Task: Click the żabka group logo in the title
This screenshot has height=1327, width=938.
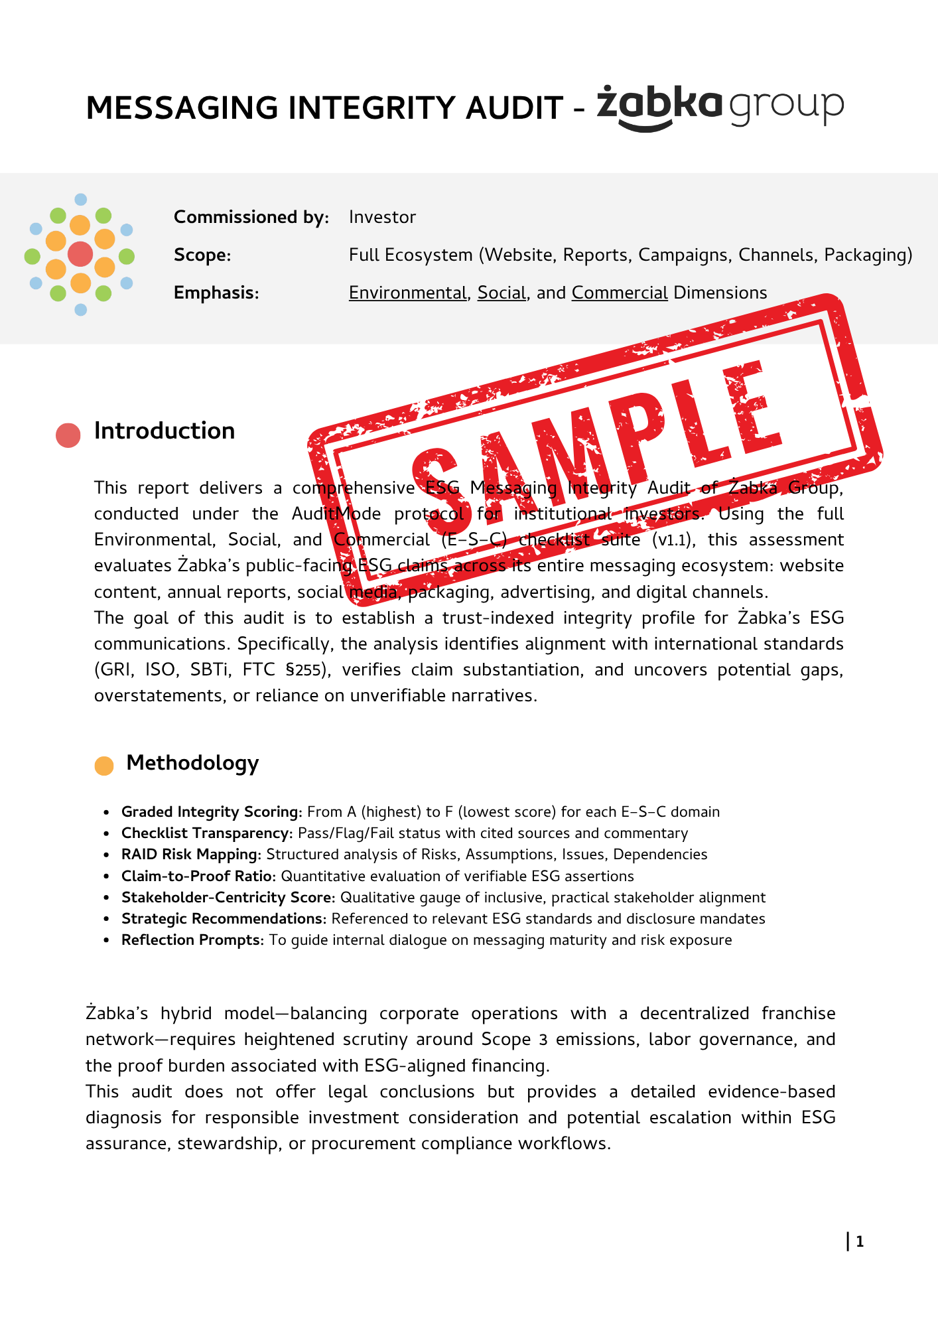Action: pyautogui.click(x=720, y=106)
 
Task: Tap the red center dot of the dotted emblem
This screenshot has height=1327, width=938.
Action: pyautogui.click(x=80, y=254)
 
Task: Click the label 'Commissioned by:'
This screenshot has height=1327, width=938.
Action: pyautogui.click(x=251, y=218)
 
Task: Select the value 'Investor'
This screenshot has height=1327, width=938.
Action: pyautogui.click(x=382, y=218)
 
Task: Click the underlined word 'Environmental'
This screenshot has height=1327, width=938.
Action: pyautogui.click(x=407, y=293)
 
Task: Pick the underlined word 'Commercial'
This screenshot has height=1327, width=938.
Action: pyautogui.click(x=619, y=293)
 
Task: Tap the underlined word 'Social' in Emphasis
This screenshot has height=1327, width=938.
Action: pyautogui.click(x=502, y=293)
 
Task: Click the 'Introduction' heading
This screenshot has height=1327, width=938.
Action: pyautogui.click(x=165, y=431)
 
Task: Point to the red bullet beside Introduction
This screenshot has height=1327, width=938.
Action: pyautogui.click(x=68, y=435)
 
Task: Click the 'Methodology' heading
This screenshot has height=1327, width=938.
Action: pyautogui.click(x=192, y=763)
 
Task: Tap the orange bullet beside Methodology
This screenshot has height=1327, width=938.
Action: pyautogui.click(x=104, y=766)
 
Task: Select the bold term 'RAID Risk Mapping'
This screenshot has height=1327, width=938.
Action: pyautogui.click(x=190, y=855)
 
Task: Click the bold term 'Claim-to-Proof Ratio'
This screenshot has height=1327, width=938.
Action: pyautogui.click(x=196, y=876)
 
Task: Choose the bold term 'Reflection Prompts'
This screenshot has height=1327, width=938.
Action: pyautogui.click(x=192, y=940)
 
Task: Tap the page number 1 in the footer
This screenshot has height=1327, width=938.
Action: pyautogui.click(x=860, y=1242)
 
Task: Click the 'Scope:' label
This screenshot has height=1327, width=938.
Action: pyautogui.click(x=202, y=255)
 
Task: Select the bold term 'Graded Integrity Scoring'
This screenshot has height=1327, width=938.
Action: pyautogui.click(x=210, y=812)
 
